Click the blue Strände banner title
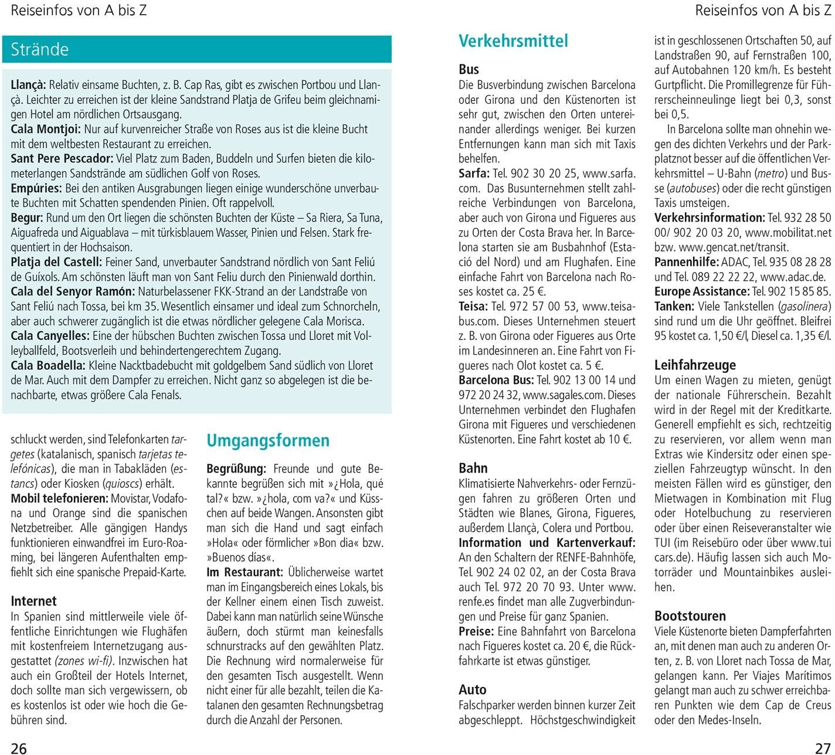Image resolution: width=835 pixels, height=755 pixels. (40, 49)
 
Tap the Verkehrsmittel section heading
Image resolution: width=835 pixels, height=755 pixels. (513, 41)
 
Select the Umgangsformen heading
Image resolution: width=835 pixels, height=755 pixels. (268, 441)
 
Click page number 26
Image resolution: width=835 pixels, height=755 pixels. (19, 748)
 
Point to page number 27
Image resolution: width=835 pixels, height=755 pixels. (823, 748)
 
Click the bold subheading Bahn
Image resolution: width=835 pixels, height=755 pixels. (473, 468)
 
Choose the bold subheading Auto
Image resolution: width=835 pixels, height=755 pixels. (473, 690)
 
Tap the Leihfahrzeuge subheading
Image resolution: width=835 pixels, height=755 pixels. (695, 365)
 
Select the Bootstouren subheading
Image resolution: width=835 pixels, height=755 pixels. (690, 616)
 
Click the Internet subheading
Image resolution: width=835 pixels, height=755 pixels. (34, 601)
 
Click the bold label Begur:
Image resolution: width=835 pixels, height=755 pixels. (27, 218)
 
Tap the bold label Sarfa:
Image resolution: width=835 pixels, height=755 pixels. (474, 174)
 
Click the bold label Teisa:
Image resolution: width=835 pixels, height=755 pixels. (473, 307)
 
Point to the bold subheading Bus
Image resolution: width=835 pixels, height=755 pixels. (469, 70)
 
